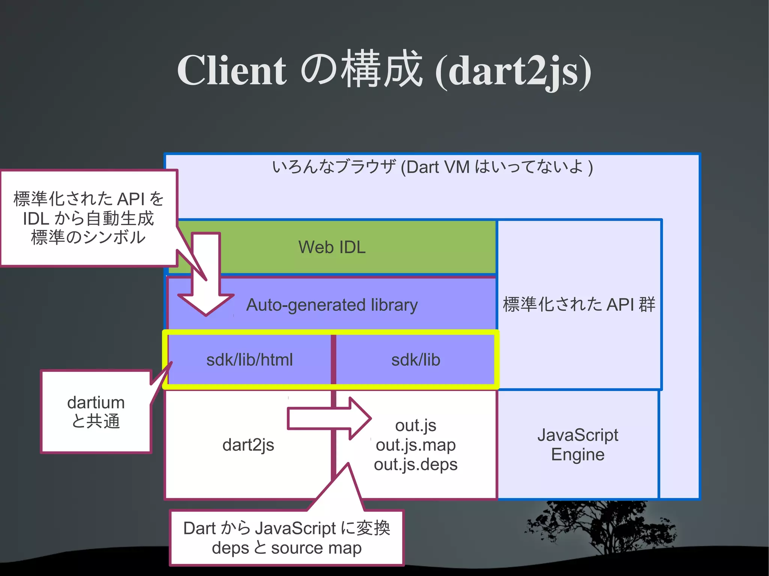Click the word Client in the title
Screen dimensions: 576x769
point(232,71)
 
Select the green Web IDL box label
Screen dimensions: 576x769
point(332,247)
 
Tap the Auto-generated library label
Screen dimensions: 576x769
point(332,305)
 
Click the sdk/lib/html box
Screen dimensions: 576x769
point(249,360)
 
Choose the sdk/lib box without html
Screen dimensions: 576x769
point(416,360)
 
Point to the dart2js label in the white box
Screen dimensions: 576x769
point(248,445)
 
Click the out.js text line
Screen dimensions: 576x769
point(416,426)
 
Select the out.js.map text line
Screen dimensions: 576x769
point(416,445)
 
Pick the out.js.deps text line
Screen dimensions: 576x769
point(416,465)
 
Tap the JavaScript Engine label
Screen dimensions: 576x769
point(578,445)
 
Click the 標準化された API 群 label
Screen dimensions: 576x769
point(579,304)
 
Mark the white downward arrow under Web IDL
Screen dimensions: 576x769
point(206,278)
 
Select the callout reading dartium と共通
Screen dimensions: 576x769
point(96,412)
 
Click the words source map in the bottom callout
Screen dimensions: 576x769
point(316,548)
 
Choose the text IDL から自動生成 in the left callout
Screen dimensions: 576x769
point(89,218)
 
